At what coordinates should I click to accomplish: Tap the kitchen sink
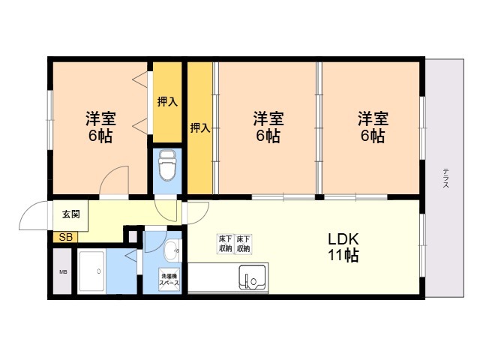(253, 277)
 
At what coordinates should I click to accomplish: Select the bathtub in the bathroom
(91, 271)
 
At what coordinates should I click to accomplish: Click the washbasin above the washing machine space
(173, 251)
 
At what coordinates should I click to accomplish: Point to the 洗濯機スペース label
(169, 279)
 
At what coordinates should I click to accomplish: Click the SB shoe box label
(65, 237)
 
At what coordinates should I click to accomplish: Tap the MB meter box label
(63, 271)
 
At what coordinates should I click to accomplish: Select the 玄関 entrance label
(71, 214)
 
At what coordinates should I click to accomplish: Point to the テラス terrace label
(445, 178)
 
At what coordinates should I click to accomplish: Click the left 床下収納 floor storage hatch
(226, 244)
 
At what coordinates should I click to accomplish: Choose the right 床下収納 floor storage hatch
(243, 244)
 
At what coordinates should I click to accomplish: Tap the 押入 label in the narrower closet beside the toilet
(167, 102)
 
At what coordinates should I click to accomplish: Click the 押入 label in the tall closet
(200, 127)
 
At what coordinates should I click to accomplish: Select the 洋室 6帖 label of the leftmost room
(100, 127)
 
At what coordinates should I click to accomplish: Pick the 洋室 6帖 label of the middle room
(268, 127)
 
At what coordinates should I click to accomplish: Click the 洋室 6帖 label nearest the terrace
(373, 127)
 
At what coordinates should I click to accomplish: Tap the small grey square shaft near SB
(133, 237)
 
